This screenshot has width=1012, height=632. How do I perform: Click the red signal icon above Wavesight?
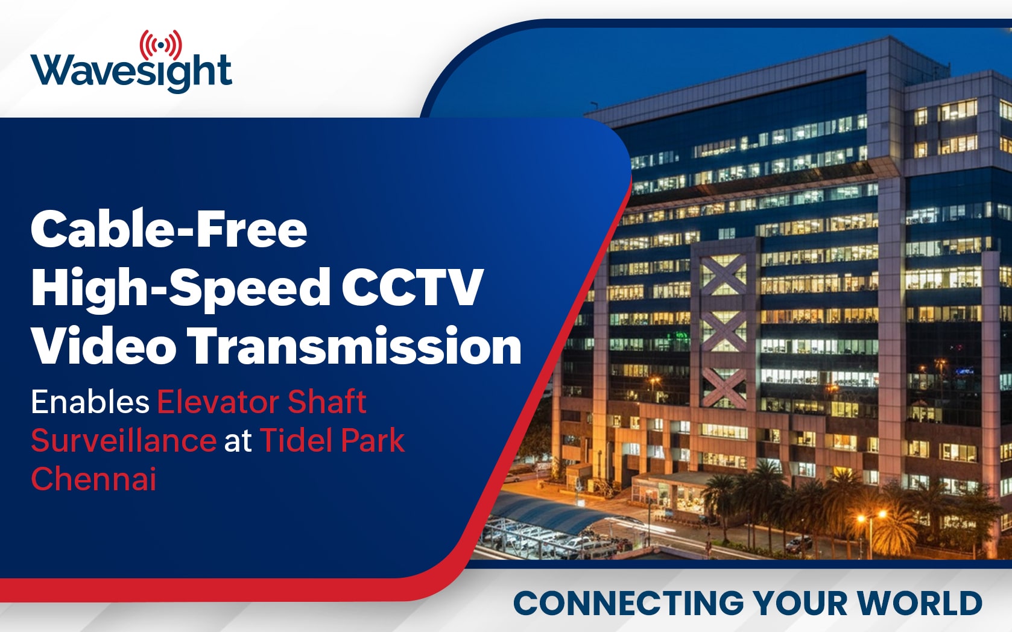[x=161, y=45]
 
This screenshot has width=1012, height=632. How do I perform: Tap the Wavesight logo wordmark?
[x=131, y=72]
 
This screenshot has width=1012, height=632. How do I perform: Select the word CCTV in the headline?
[x=412, y=286]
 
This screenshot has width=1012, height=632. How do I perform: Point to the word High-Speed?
[x=180, y=289]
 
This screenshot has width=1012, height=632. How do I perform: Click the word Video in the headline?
[x=104, y=345]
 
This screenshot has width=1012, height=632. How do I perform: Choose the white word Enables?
[x=90, y=402]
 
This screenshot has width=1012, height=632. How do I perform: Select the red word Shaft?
[x=327, y=402]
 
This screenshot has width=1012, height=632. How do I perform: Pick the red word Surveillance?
[x=124, y=440]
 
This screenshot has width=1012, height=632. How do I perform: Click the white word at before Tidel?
[x=238, y=441]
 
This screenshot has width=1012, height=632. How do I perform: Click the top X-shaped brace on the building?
[x=723, y=274]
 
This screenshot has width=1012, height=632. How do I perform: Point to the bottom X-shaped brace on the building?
[x=723, y=388]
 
